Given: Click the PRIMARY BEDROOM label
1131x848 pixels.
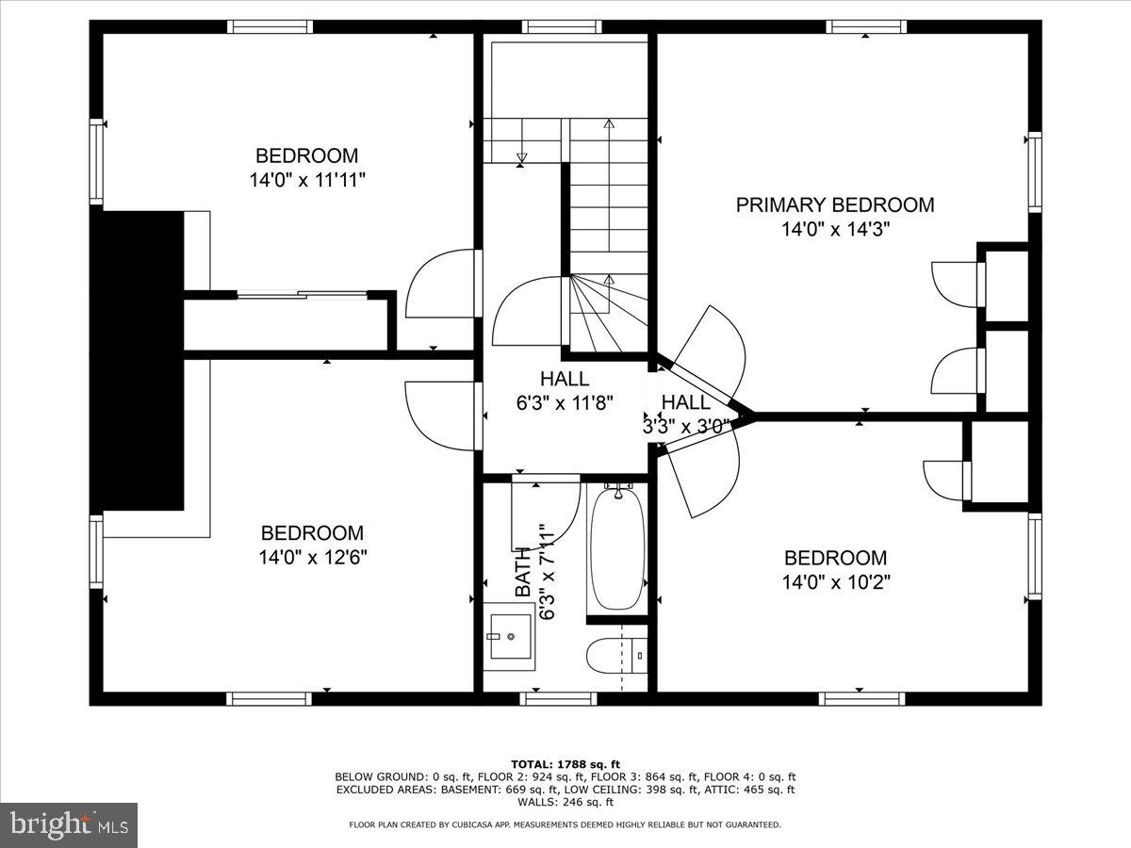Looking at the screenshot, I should pyautogui.click(x=835, y=204).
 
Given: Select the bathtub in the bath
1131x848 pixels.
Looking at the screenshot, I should pyautogui.click(x=617, y=549).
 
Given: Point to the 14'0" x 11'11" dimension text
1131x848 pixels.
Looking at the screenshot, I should pyautogui.click(x=307, y=180).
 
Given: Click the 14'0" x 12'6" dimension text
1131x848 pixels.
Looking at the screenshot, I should pyautogui.click(x=312, y=557).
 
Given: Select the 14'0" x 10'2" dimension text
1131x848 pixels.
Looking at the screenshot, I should pyautogui.click(x=835, y=582).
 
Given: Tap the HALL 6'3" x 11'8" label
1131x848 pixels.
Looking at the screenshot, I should pyautogui.click(x=565, y=390).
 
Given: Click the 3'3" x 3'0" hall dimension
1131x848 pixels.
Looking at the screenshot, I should pyautogui.click(x=685, y=426).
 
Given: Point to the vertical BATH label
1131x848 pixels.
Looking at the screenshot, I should pyautogui.click(x=523, y=575).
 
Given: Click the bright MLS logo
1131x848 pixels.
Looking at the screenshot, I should pyautogui.click(x=69, y=824).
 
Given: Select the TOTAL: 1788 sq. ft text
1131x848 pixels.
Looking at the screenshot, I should pyautogui.click(x=565, y=763).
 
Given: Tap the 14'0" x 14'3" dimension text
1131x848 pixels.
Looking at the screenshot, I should pyautogui.click(x=835, y=229).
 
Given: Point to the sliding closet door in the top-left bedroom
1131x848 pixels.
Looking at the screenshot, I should pyautogui.click(x=302, y=295).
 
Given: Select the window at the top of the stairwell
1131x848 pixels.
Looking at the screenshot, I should pyautogui.click(x=562, y=26).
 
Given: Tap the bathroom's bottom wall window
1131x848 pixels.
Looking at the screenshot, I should pyautogui.click(x=560, y=698).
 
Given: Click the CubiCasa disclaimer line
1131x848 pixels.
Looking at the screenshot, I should pyautogui.click(x=565, y=824).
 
